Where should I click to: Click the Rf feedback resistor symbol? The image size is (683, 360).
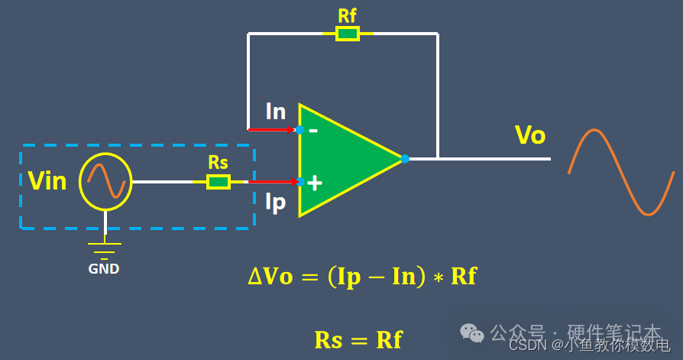click(348, 34)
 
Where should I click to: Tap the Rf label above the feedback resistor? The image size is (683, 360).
click(347, 15)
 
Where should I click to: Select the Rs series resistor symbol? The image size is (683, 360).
click(218, 182)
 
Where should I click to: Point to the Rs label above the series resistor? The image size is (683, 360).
click(218, 163)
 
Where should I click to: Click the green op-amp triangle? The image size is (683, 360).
click(344, 159)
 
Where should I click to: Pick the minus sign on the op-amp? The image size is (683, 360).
click(313, 130)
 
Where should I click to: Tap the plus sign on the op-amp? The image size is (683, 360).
click(314, 183)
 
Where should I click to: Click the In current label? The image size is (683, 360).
click(276, 112)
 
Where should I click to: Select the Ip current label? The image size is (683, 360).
click(275, 202)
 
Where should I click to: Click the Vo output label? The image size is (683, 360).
click(530, 135)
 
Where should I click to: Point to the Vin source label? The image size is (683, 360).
click(47, 181)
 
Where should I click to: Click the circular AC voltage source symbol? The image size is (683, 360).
click(105, 182)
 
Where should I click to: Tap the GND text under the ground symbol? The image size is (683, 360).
click(104, 269)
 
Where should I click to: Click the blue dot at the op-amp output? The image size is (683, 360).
click(405, 159)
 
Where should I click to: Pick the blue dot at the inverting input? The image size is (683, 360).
click(299, 130)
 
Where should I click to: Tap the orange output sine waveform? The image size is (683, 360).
click(621, 172)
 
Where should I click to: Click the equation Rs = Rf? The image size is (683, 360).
click(358, 339)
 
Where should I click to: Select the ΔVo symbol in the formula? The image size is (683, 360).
click(270, 276)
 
